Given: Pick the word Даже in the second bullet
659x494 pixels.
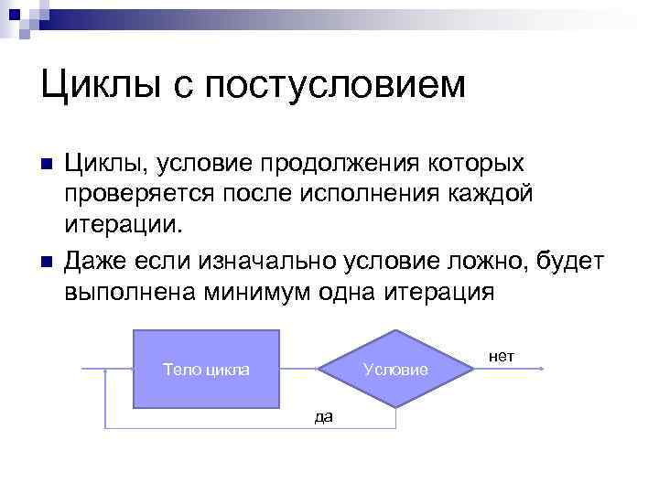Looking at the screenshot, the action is tap(94, 263).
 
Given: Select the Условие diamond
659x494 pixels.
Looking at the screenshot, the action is tap(394, 369).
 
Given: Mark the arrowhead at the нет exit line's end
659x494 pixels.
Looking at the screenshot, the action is tap(543, 369).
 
